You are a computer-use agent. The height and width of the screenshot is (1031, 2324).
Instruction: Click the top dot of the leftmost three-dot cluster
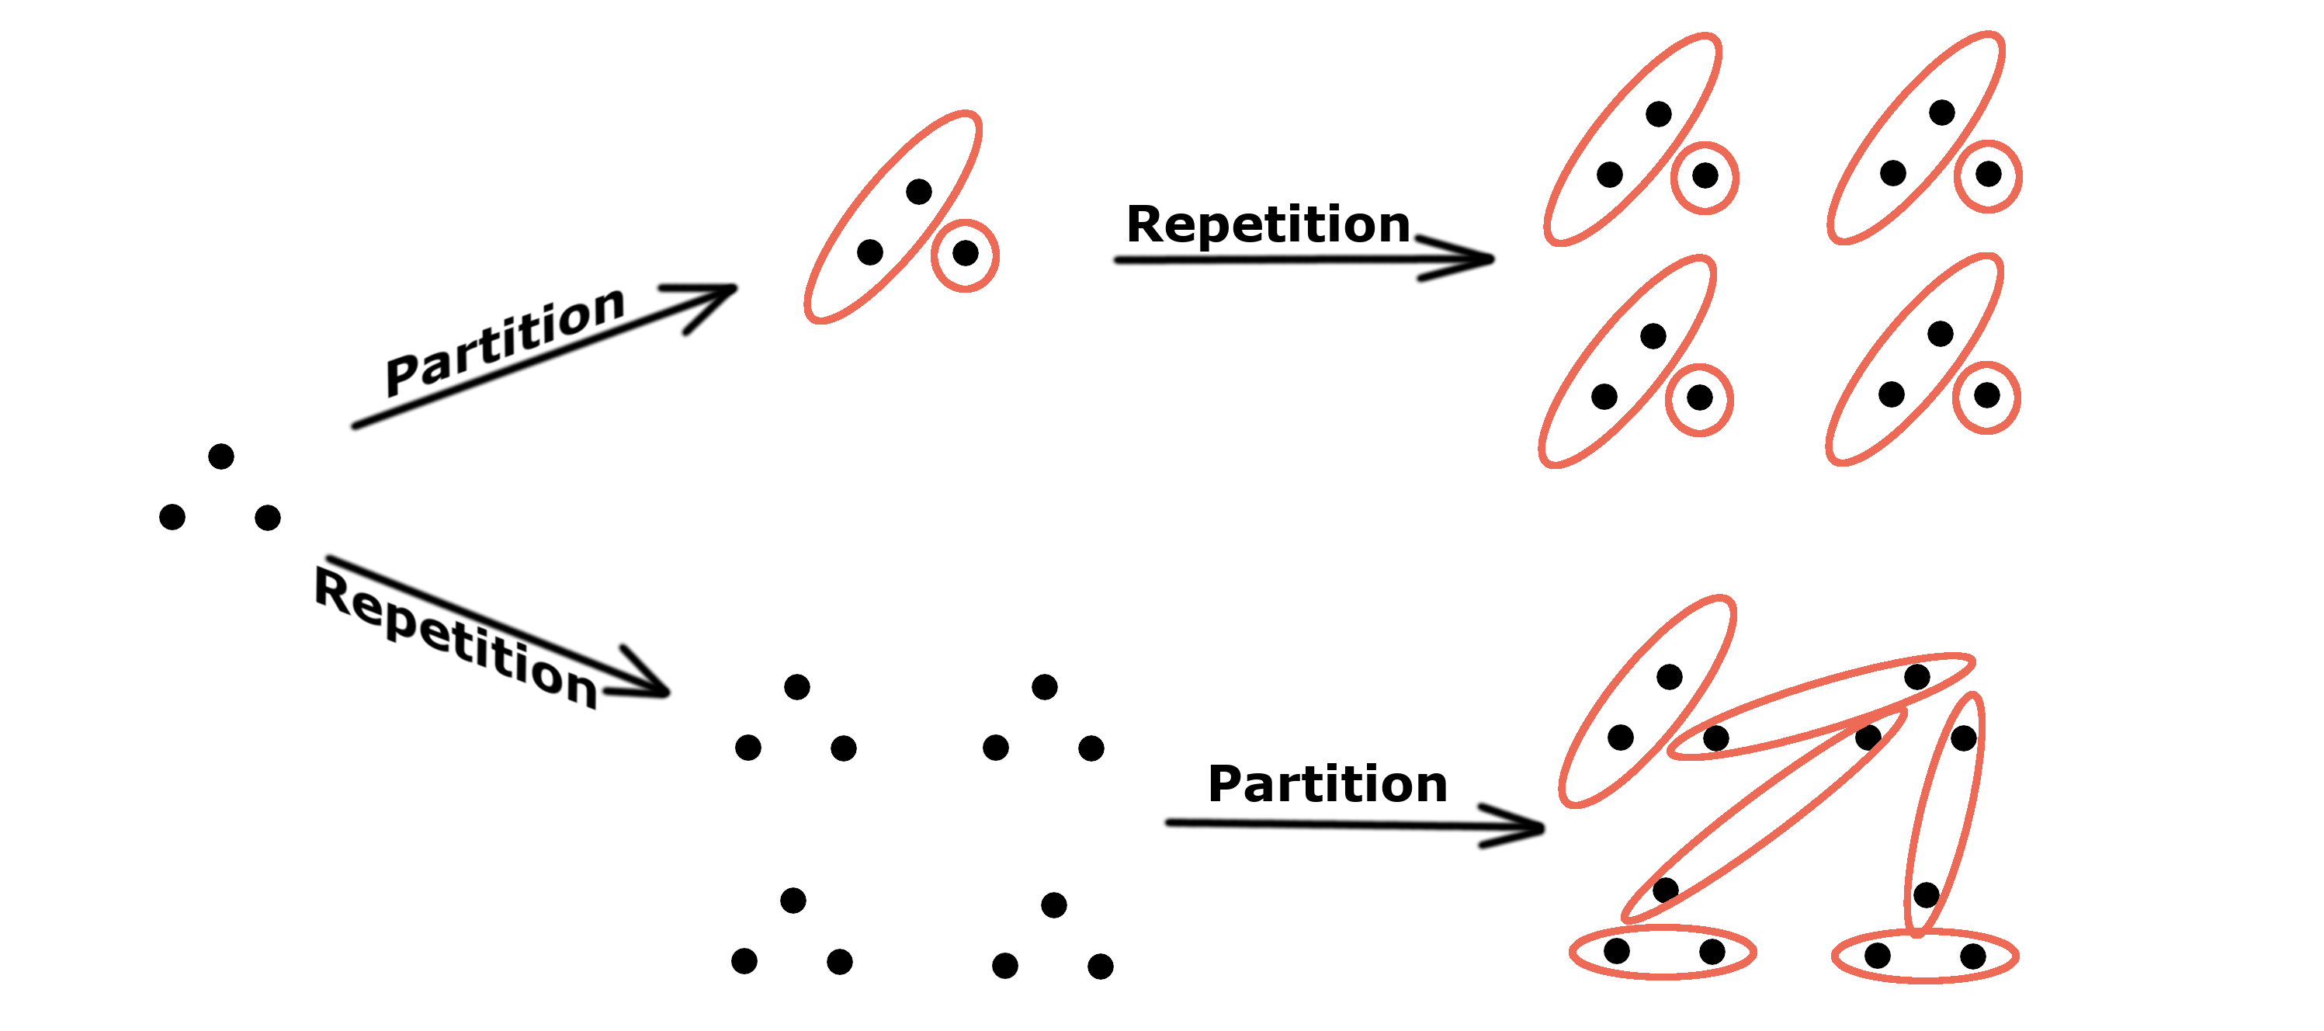pyautogui.click(x=221, y=456)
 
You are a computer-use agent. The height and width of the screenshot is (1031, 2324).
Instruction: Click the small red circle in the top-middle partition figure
pyautogui.click(x=966, y=255)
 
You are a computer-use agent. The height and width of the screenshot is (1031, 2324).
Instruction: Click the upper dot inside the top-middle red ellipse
pyautogui.click(x=918, y=191)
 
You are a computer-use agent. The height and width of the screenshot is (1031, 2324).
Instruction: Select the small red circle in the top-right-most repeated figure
pyautogui.click(x=1989, y=176)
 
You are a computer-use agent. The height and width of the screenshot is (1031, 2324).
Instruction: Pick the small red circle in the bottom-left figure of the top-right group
pyautogui.click(x=1699, y=400)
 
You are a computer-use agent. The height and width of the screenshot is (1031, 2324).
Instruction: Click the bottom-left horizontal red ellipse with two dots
pyautogui.click(x=1663, y=952)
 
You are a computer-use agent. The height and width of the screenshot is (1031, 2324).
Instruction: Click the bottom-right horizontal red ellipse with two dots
pyautogui.click(x=1924, y=956)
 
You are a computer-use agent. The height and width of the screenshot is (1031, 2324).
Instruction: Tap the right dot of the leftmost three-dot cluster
pyautogui.click(x=268, y=518)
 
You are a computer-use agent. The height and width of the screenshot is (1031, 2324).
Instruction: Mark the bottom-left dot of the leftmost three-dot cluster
pyautogui.click(x=172, y=517)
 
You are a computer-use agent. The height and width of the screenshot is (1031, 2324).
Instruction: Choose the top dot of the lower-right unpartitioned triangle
pyautogui.click(x=1054, y=904)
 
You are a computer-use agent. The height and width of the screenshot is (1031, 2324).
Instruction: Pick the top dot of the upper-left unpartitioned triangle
pyautogui.click(x=796, y=687)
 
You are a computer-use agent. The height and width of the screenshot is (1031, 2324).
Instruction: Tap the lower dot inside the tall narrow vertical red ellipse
pyautogui.click(x=1926, y=895)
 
